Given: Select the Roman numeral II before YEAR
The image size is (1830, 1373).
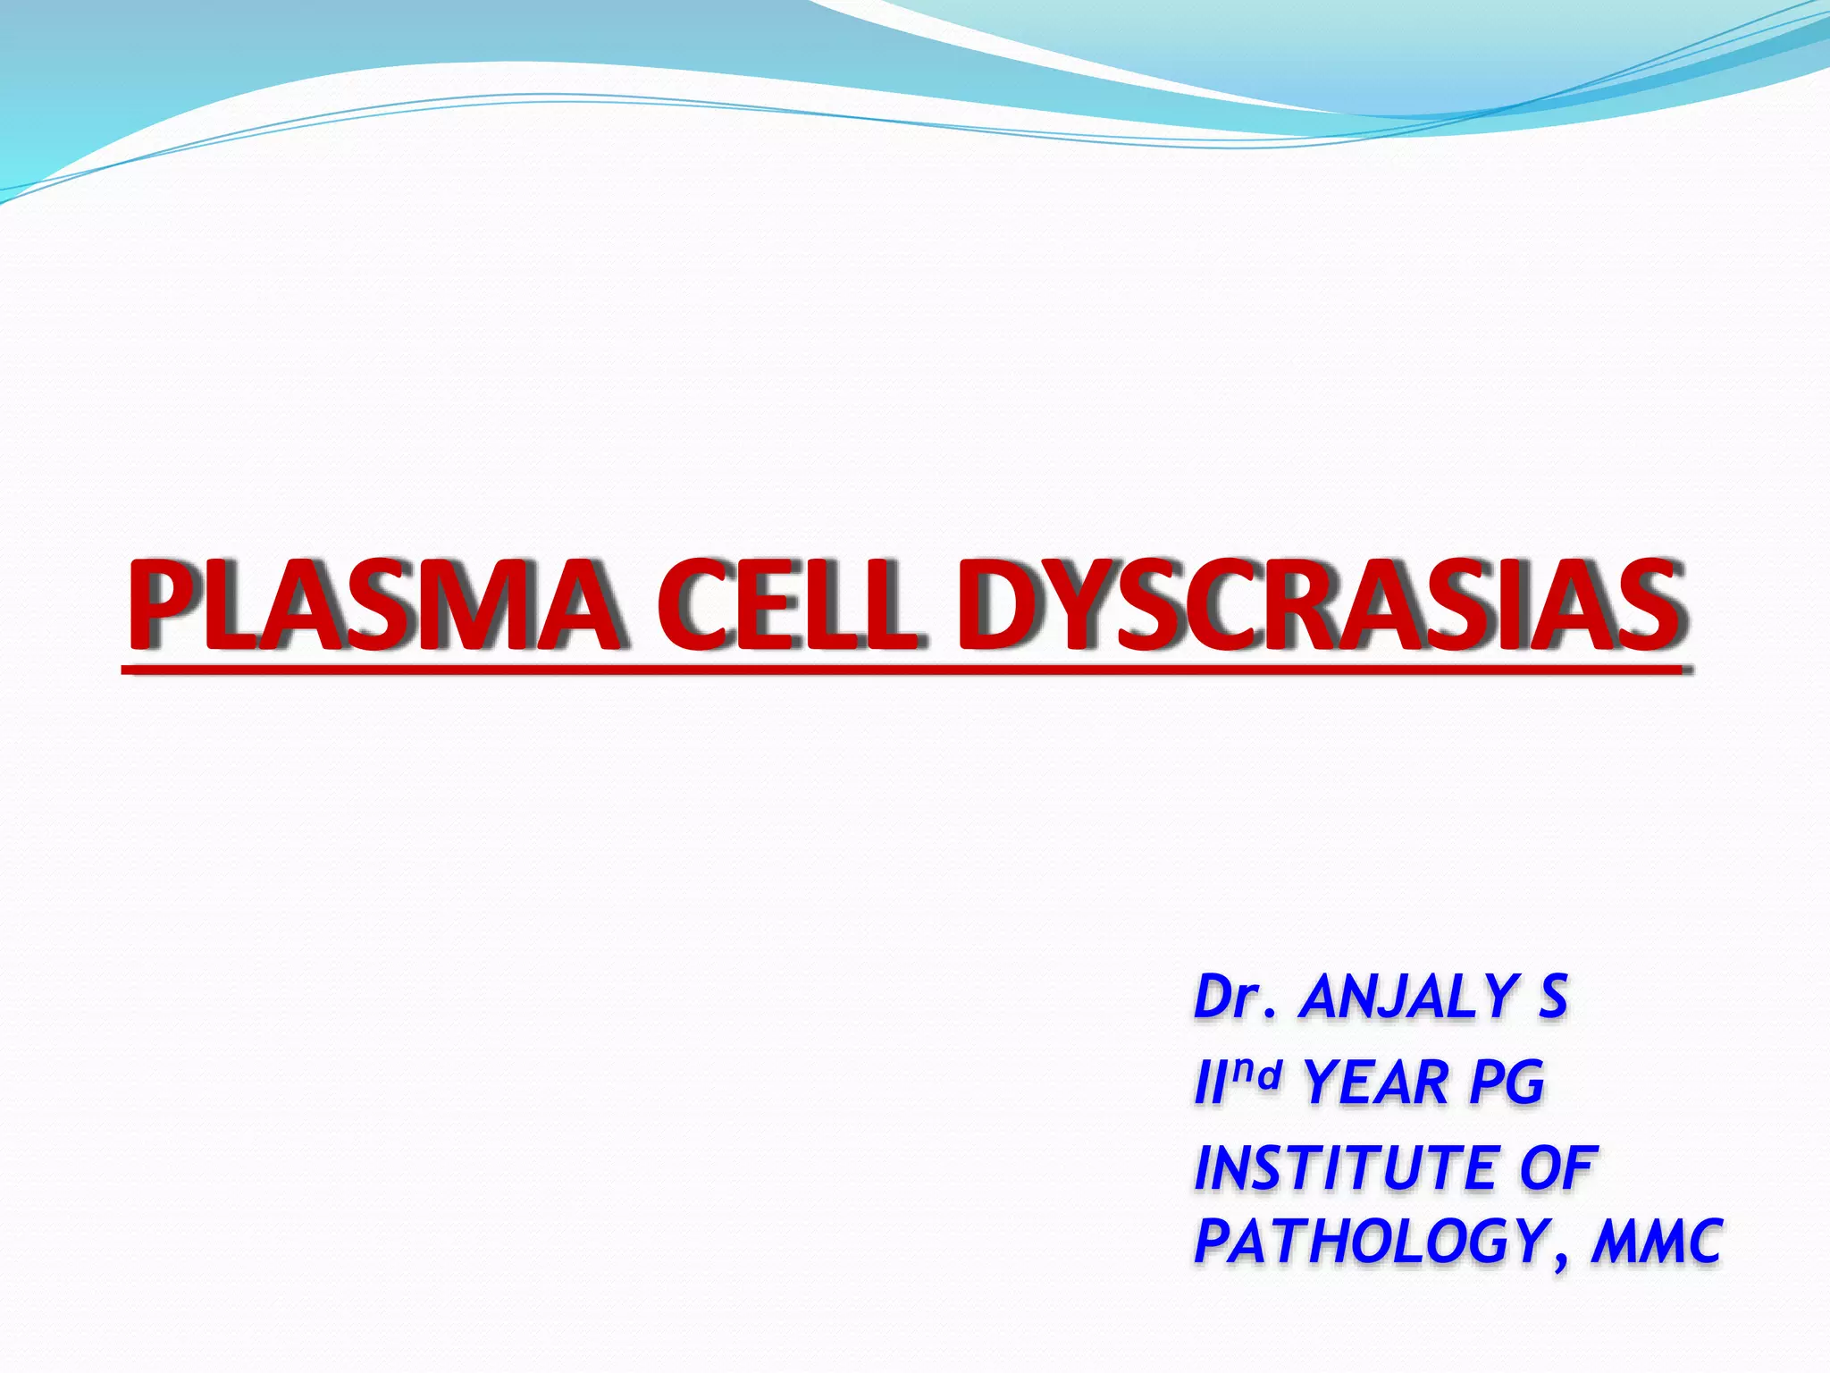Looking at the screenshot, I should coord(1207,1083).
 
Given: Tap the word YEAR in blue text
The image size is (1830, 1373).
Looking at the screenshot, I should coord(1377,1083).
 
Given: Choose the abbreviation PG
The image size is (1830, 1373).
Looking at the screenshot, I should coord(1507,1083).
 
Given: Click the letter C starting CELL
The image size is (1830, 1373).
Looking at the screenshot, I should coord(693,605).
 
